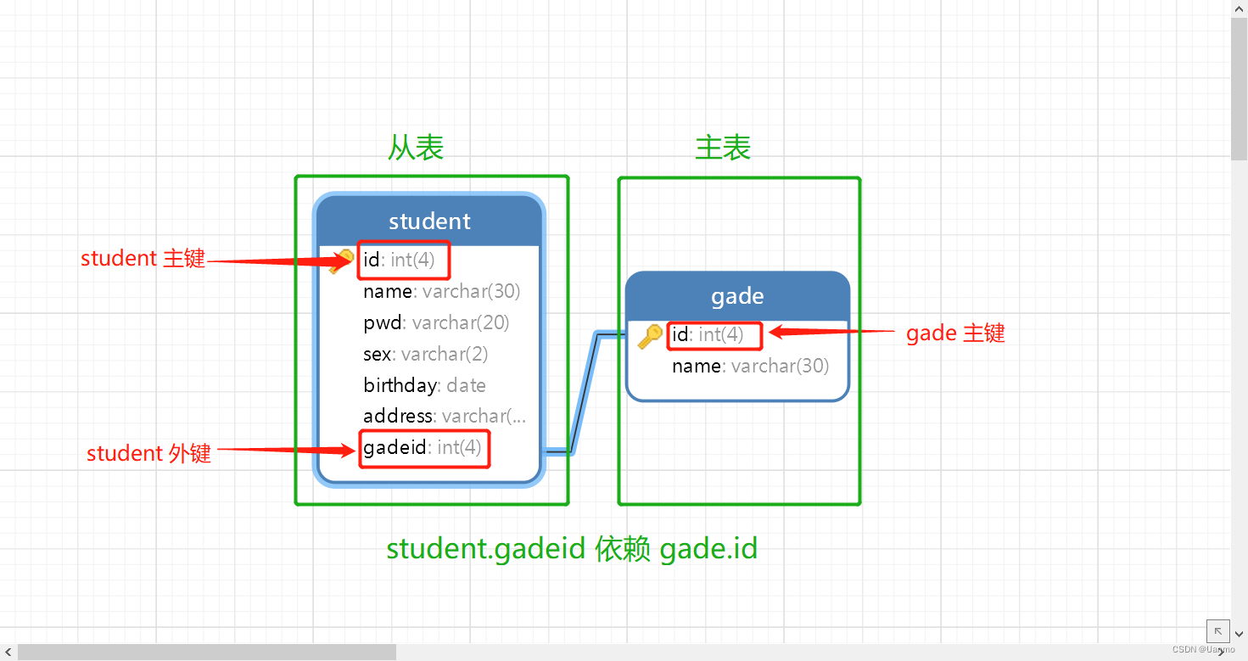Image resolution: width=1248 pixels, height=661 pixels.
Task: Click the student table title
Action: pos(429,221)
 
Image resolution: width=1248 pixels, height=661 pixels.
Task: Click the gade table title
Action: pos(737,296)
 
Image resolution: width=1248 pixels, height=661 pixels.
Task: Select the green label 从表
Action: pos(416,148)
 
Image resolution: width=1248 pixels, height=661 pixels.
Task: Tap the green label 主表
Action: pos(723,148)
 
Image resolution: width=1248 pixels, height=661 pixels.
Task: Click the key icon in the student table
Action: pos(343,260)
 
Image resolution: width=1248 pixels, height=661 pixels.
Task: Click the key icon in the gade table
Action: pos(650,336)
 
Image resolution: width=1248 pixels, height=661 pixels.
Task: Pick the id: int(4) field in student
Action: pos(399,260)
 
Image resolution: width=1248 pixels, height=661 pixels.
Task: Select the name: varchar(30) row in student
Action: pos(441,292)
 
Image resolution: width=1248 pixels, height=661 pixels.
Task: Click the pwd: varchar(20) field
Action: pos(436,323)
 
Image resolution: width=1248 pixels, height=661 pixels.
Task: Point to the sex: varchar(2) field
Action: pos(425,354)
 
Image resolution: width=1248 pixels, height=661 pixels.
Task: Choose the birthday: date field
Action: pos(424,385)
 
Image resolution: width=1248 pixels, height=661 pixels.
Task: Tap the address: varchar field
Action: pos(444,417)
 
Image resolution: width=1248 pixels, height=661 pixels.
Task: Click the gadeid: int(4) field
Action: pos(423,448)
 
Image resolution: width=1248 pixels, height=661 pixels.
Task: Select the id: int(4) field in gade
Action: pos(708,335)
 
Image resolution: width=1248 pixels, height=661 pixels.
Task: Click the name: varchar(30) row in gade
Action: pos(750,367)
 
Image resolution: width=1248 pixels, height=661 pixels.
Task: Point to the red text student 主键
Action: pos(143,259)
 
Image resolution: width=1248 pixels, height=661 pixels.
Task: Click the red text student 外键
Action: pos(148,454)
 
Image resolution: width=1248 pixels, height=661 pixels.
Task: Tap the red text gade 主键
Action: pos(955,333)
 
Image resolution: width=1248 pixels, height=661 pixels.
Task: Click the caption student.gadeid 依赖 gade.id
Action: pos(572,549)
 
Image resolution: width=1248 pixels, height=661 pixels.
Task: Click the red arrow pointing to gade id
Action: pos(831,333)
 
